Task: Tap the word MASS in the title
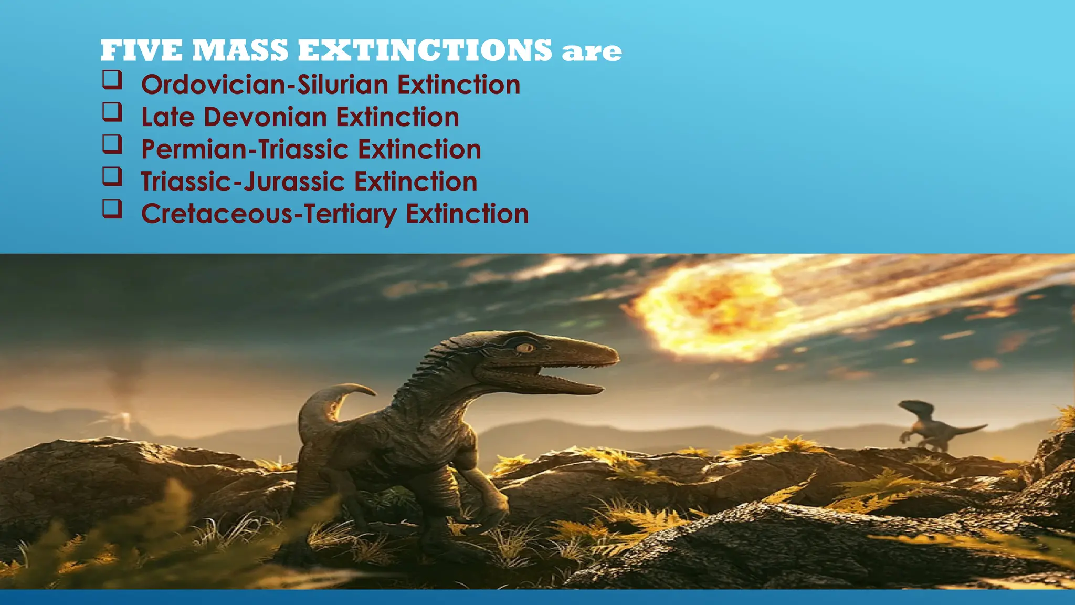pos(240,51)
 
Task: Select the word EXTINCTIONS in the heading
pos(425,51)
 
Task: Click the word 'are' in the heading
pos(592,52)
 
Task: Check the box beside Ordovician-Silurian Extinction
pos(112,80)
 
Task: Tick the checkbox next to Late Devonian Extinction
pos(112,112)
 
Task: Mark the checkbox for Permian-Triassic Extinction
pos(112,144)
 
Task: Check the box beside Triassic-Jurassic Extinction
pos(112,176)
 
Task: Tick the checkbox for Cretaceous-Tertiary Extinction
pos(112,208)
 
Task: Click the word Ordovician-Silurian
pos(265,85)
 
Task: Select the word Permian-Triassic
pos(245,150)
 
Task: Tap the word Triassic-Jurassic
pos(243,182)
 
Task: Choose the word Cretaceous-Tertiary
pos(269,214)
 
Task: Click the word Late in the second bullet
pos(167,117)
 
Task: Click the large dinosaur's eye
pos(524,348)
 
